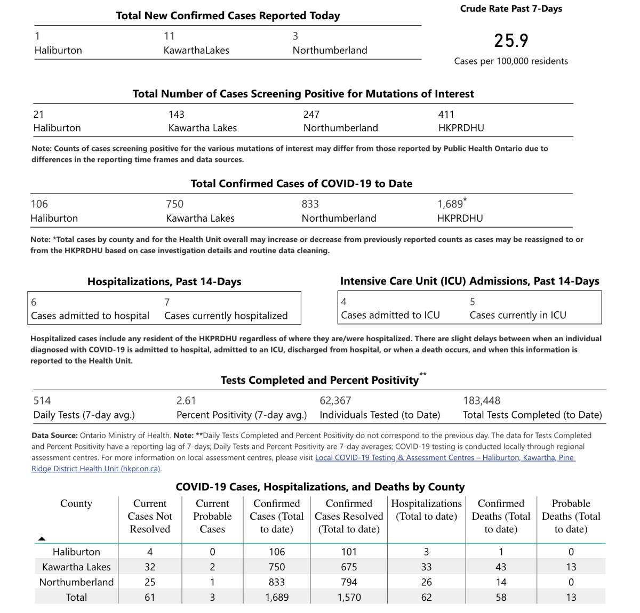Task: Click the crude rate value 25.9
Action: click(x=510, y=41)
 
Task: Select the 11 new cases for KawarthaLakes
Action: click(x=169, y=36)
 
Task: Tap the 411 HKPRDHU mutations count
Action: click(x=446, y=115)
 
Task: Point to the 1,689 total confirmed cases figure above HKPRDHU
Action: click(x=450, y=204)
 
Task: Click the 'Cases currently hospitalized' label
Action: click(x=226, y=316)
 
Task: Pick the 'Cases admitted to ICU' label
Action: click(x=390, y=315)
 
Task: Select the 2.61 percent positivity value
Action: click(x=186, y=401)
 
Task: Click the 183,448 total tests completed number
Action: click(x=481, y=401)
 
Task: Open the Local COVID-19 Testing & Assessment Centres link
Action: click(x=445, y=457)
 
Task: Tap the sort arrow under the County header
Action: click(x=42, y=538)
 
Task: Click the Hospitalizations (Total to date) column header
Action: click(x=426, y=510)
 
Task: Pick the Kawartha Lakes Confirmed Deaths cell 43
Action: click(x=501, y=567)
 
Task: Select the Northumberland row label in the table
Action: click(x=76, y=582)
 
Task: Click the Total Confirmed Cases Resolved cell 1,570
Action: click(x=349, y=598)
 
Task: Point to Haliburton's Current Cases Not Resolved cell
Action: click(x=150, y=552)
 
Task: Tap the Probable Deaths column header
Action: click(x=571, y=516)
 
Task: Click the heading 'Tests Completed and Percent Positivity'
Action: click(x=319, y=380)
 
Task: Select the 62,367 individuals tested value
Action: click(x=335, y=401)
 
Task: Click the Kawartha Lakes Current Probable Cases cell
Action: click(x=212, y=567)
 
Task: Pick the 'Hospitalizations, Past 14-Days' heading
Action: click(x=164, y=281)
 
